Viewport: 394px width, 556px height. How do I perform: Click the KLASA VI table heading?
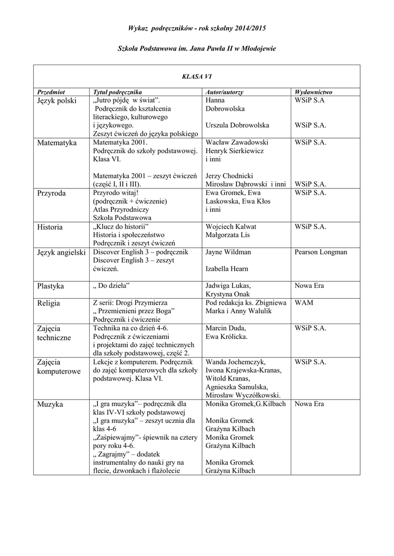pos(196,77)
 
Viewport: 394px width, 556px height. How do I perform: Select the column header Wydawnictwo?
pos(313,92)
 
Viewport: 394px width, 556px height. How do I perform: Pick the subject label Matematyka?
pos(58,143)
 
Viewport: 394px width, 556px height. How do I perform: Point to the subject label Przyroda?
pos(52,193)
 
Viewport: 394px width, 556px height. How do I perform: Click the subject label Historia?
pos(50,227)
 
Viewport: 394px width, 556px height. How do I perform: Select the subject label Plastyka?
pos(51,286)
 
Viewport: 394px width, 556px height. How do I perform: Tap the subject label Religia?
pos(49,303)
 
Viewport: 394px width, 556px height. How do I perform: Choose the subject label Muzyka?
pos(50,405)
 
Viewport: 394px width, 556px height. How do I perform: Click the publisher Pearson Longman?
pos(321,252)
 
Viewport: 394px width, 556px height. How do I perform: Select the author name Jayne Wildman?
pos(228,252)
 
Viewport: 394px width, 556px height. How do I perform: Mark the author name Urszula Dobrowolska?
pos(237,125)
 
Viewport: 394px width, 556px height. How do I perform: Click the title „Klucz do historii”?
pos(121,226)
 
